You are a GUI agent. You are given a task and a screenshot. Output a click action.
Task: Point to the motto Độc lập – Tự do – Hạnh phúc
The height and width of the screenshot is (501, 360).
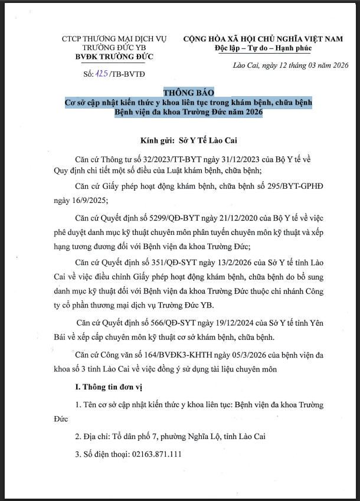tap(263, 48)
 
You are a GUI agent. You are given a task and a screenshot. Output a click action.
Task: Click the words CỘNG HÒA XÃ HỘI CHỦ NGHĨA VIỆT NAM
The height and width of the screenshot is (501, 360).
tap(263, 38)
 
